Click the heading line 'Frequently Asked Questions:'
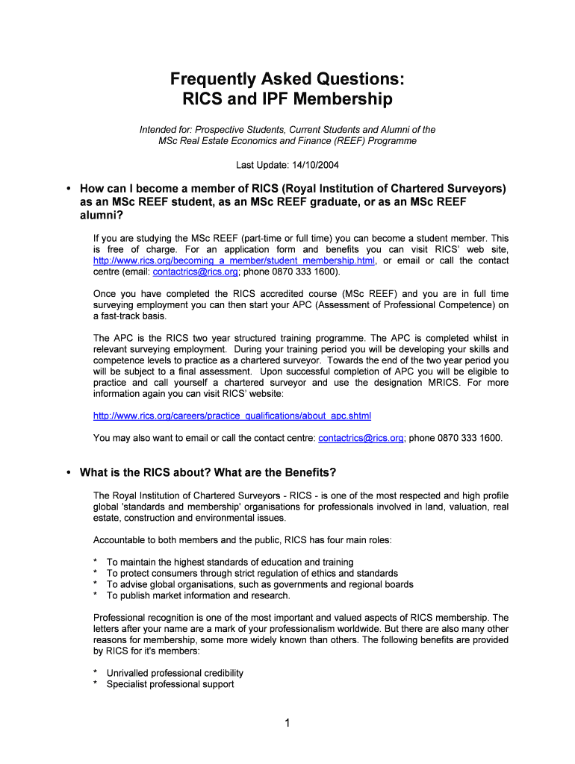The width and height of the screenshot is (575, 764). click(x=287, y=79)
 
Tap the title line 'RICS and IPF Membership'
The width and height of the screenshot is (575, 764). click(x=287, y=98)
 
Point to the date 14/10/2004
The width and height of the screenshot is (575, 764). click(x=321, y=165)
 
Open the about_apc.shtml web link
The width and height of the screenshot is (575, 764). click(x=231, y=416)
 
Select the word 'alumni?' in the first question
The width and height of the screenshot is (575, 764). click(x=102, y=216)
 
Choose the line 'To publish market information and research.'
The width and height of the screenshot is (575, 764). click(x=198, y=595)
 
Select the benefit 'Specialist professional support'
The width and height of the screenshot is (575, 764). click(x=170, y=684)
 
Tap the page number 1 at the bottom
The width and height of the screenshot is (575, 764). click(x=287, y=723)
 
